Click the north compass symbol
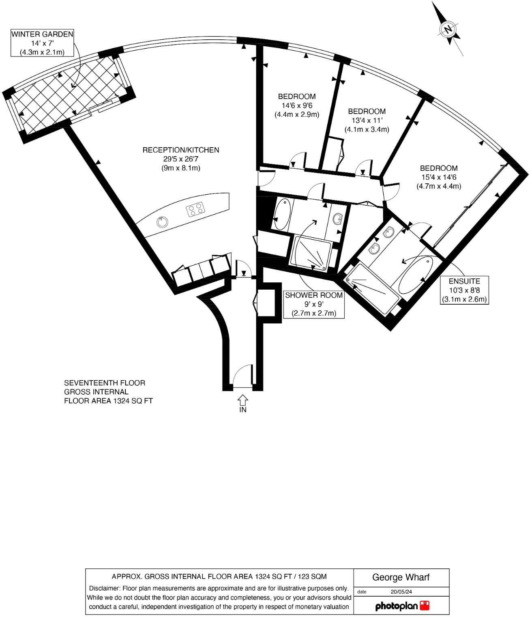[x=448, y=29]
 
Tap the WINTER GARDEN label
[x=42, y=34]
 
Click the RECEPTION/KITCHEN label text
[x=180, y=150]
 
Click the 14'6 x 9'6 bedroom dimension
[x=297, y=105]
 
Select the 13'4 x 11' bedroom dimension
[x=367, y=120]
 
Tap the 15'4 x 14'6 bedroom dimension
[x=438, y=177]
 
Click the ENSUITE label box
[x=464, y=290]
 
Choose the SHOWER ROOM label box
[x=314, y=304]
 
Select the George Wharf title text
[x=401, y=577]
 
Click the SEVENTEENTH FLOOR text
[x=105, y=383]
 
